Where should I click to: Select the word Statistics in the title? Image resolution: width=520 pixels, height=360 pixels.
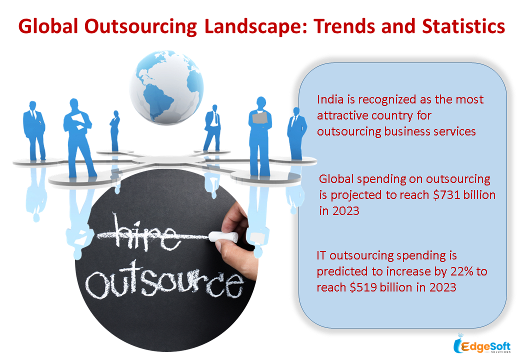click(463, 26)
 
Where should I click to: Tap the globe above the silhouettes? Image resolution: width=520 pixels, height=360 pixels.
click(166, 87)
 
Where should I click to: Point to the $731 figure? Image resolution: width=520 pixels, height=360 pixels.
click(446, 194)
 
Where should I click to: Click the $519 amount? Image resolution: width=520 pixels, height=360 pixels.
click(363, 287)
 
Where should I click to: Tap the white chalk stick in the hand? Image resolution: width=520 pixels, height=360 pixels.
click(223, 236)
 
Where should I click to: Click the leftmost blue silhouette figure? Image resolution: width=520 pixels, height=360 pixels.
click(34, 131)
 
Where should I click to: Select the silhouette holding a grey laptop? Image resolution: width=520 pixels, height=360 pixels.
click(260, 136)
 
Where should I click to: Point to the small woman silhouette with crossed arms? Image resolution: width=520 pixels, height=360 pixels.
click(114, 131)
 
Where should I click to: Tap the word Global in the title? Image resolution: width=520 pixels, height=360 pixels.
click(48, 26)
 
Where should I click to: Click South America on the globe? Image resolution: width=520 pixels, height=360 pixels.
click(157, 99)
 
